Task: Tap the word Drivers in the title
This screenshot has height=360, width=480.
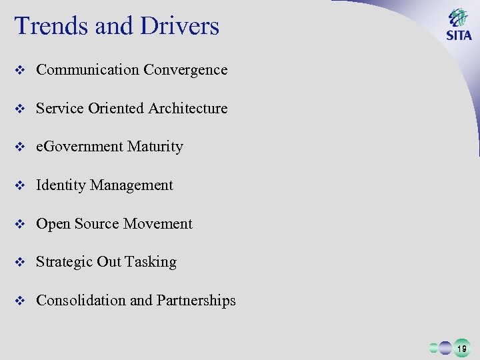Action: point(178,26)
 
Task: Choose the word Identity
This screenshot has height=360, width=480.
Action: point(61,185)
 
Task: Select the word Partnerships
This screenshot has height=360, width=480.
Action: point(196,301)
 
